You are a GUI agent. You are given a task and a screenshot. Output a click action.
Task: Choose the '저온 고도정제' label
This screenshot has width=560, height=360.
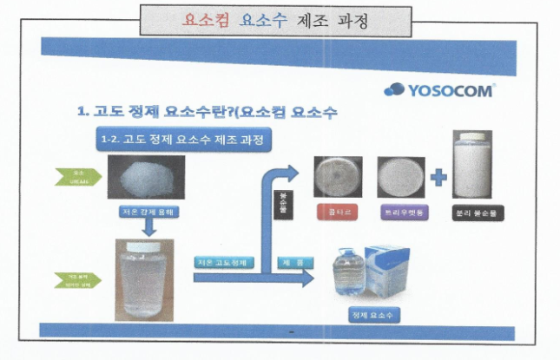[x=222, y=261]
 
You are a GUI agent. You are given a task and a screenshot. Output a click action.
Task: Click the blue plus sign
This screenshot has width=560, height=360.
[x=438, y=178]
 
